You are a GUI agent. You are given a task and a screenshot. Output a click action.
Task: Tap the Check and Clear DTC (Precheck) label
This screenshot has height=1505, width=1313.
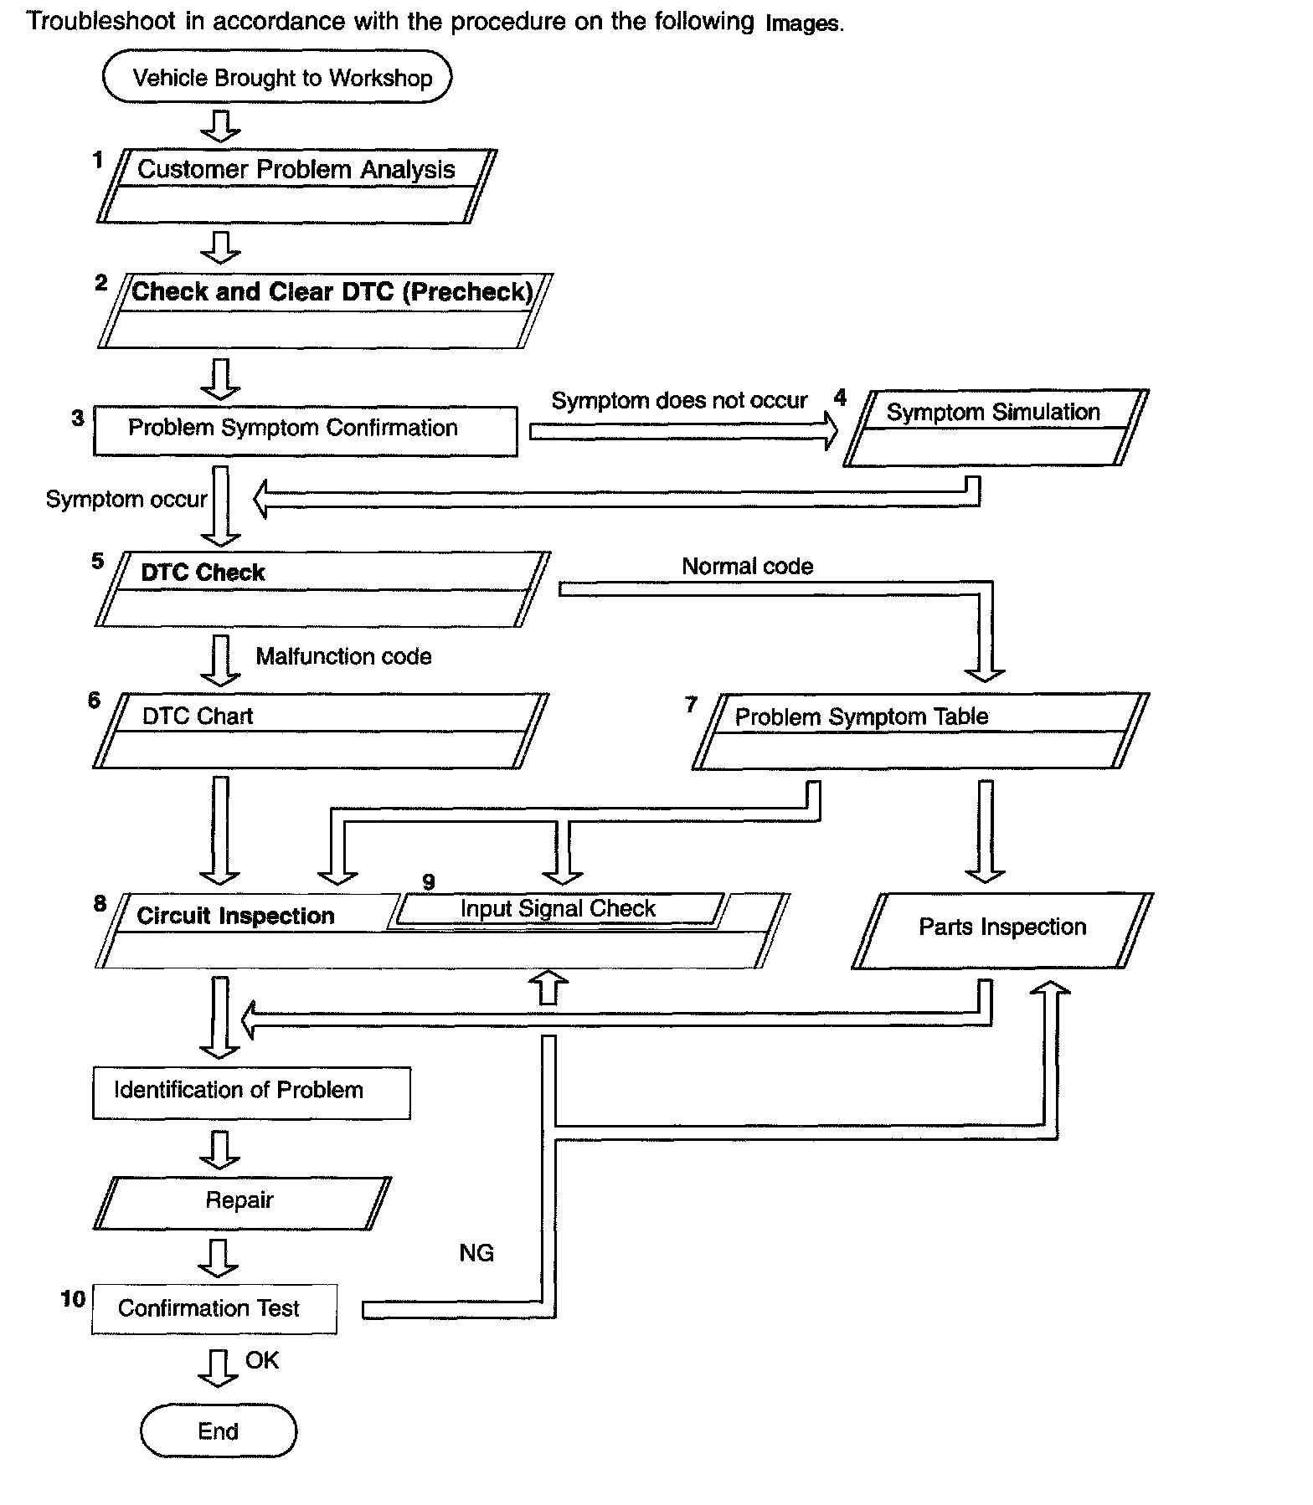click(x=332, y=291)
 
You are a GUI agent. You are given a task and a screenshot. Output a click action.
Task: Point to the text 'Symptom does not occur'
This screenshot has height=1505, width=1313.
click(x=679, y=401)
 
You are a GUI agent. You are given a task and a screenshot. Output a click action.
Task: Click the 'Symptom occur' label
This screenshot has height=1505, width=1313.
click(x=126, y=500)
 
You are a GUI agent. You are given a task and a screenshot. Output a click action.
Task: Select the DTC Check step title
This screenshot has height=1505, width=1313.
click(x=203, y=573)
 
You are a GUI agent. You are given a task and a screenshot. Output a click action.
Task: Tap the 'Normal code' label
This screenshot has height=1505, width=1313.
click(x=748, y=567)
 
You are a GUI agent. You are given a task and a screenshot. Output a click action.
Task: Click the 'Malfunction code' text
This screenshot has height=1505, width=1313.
click(x=344, y=656)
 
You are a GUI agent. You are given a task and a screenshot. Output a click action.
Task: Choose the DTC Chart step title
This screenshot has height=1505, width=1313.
click(x=198, y=717)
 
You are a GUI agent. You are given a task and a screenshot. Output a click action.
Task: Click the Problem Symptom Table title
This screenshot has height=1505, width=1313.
click(x=862, y=717)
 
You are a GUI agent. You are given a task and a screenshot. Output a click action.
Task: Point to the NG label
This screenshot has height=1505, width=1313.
click(x=476, y=1253)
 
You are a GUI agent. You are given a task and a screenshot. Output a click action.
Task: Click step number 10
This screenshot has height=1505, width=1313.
click(x=73, y=1299)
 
